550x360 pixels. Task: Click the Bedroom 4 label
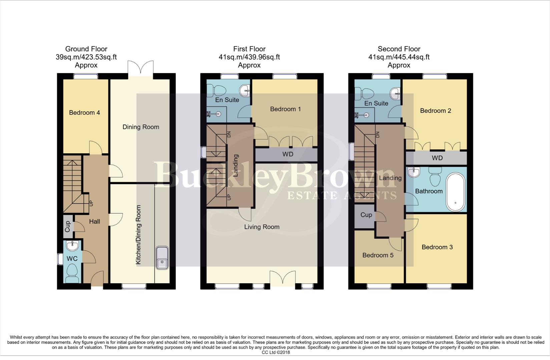click(84, 113)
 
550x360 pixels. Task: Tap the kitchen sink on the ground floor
click(162, 258)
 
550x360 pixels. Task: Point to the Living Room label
click(262, 227)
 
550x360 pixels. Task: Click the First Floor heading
click(249, 49)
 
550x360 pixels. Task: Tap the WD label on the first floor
click(288, 154)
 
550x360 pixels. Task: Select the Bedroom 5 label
click(378, 255)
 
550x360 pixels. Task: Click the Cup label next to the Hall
click(68, 227)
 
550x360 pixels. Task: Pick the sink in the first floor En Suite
click(244, 89)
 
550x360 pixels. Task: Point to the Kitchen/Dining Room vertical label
click(138, 235)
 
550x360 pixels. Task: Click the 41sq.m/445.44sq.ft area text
click(399, 57)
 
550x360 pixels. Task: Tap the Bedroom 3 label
click(437, 247)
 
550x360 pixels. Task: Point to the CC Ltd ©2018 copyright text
click(276, 352)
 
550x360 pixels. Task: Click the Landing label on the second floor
click(390, 178)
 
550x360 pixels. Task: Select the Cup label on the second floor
click(366, 215)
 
